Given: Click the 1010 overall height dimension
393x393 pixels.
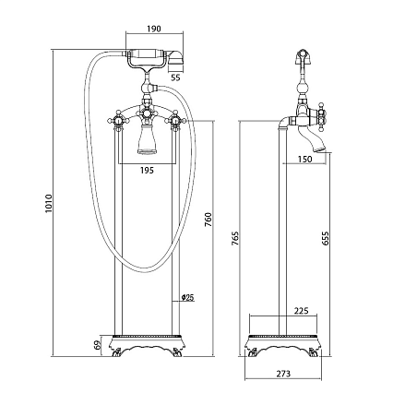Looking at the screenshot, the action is pyautogui.click(x=49, y=204).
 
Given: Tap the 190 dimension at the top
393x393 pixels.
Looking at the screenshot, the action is pyautogui.click(x=154, y=29).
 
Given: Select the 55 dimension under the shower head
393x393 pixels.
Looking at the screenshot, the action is pyautogui.click(x=175, y=77).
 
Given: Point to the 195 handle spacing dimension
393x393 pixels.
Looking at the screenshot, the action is pyautogui.click(x=147, y=170).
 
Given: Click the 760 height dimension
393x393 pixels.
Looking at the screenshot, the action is pyautogui.click(x=208, y=220).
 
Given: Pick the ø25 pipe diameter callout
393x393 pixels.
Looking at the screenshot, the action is pyautogui.click(x=187, y=297).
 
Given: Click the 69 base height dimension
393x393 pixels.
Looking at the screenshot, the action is pyautogui.click(x=98, y=345).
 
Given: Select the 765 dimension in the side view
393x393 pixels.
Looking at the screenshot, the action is pyautogui.click(x=235, y=238).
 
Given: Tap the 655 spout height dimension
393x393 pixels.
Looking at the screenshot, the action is pyautogui.click(x=325, y=239).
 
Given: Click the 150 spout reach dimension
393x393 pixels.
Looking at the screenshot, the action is pyautogui.click(x=304, y=159).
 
